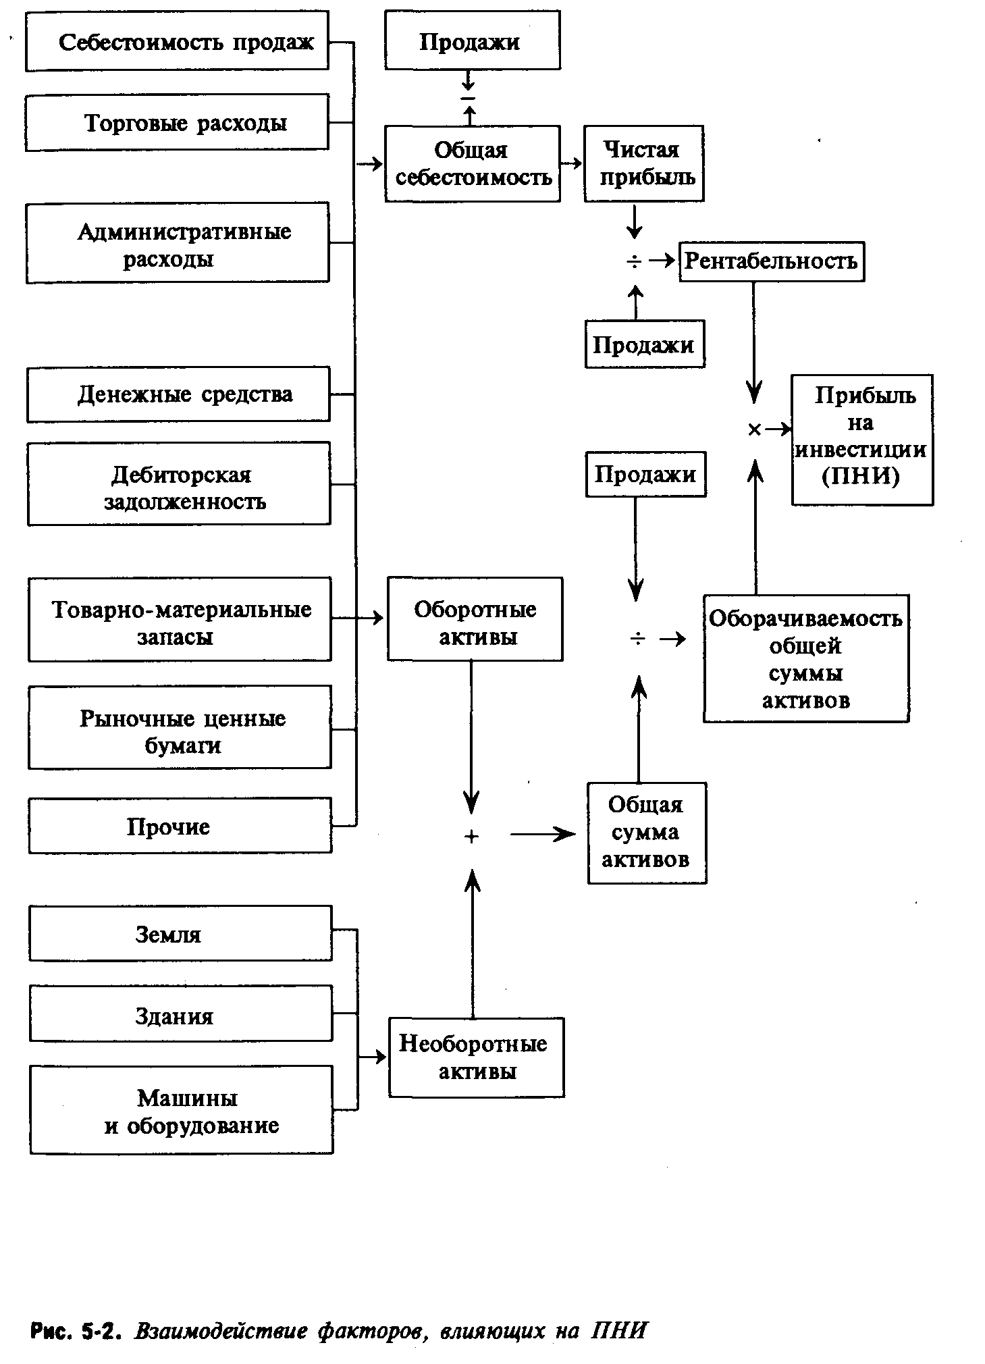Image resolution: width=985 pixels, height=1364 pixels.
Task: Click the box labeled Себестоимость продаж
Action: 177,41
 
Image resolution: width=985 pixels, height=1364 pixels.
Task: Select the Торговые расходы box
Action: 177,122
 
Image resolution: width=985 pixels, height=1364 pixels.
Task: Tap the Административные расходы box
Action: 178,242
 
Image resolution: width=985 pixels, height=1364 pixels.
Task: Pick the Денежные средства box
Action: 178,394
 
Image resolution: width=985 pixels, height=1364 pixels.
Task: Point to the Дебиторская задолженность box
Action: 179,483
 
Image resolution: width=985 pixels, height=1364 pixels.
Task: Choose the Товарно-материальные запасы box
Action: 180,619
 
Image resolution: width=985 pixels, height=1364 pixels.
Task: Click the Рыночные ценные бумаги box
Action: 180,727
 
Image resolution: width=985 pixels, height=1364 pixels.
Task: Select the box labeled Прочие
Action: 180,825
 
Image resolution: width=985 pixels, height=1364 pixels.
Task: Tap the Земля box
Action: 180,933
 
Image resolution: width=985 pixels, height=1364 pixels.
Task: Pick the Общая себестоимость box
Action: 473,163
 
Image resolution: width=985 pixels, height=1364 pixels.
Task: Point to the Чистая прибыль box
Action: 644,163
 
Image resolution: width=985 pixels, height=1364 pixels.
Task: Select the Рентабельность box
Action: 771,261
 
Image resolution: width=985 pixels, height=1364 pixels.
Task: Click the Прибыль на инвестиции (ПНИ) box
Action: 862,440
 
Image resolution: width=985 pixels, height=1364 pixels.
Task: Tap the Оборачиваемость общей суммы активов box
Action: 805,658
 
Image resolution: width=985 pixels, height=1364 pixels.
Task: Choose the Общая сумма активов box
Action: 646,833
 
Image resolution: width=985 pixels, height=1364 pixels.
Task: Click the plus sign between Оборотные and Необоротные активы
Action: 472,836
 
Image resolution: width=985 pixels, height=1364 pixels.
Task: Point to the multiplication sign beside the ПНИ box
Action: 755,429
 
